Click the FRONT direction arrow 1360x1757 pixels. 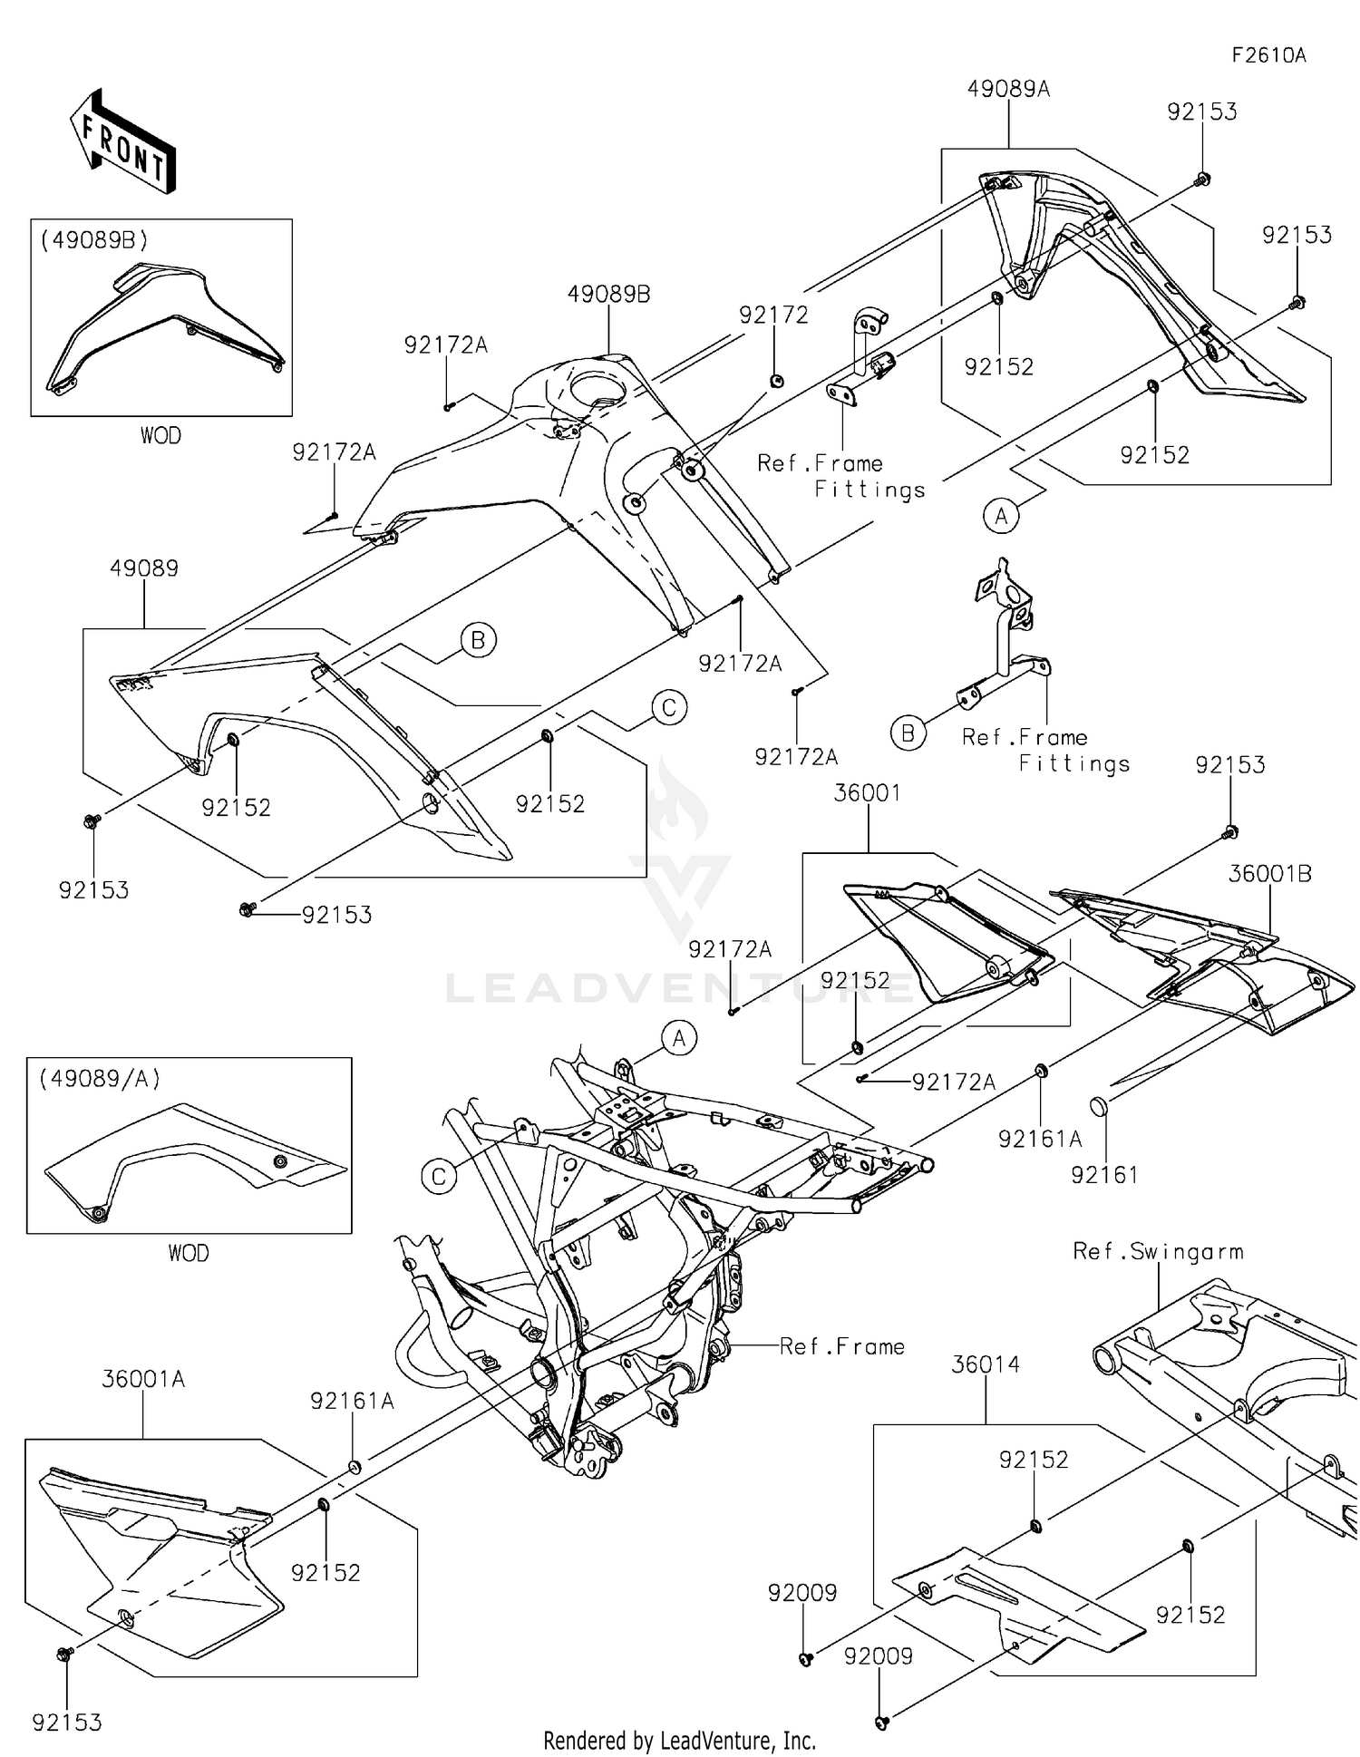point(123,142)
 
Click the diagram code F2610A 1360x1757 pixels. point(1268,55)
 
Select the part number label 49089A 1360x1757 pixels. point(1008,89)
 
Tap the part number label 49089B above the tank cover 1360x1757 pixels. point(608,295)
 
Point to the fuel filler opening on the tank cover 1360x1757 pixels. point(599,388)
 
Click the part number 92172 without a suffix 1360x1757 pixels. point(773,315)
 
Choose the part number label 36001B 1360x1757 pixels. point(1269,874)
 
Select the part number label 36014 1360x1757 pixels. point(986,1364)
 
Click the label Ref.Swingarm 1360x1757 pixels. point(1158,1251)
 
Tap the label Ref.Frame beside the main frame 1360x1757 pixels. point(842,1346)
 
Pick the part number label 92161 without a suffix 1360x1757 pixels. point(1103,1175)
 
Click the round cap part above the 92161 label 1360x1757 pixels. point(1101,1107)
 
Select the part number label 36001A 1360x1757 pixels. point(143,1379)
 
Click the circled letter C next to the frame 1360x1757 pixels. point(439,1177)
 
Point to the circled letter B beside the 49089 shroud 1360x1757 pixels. point(478,641)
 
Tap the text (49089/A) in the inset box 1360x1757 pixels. point(100,1079)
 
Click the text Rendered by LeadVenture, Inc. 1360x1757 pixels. point(679,1741)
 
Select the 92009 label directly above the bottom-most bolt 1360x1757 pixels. point(878,1656)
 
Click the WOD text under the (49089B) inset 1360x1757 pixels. point(160,436)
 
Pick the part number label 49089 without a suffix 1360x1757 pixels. point(144,568)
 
